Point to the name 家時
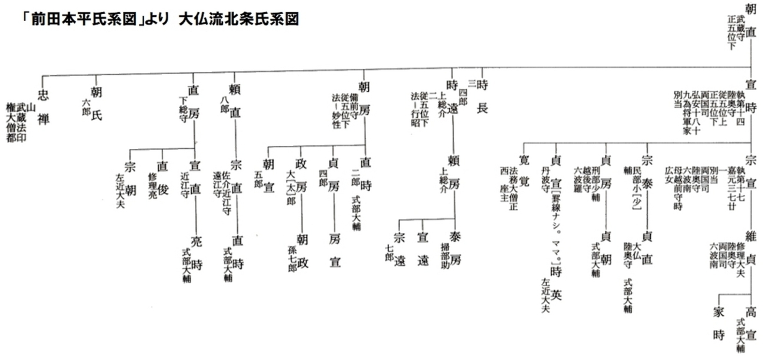point(719,324)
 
